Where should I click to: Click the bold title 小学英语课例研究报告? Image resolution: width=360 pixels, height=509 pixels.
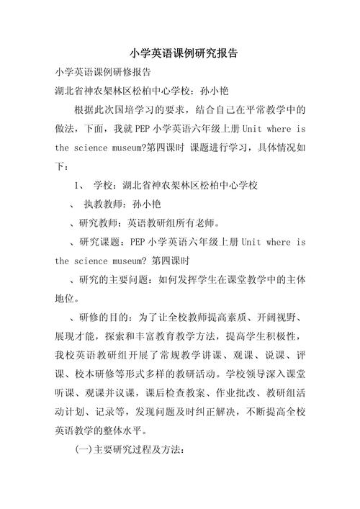click(x=184, y=53)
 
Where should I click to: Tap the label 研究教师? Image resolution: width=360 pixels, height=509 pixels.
click(x=96, y=223)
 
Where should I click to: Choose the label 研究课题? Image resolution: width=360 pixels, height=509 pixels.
click(x=96, y=242)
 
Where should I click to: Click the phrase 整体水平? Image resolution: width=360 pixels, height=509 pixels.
click(x=167, y=431)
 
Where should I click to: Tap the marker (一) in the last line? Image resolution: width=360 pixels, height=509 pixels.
click(x=84, y=450)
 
